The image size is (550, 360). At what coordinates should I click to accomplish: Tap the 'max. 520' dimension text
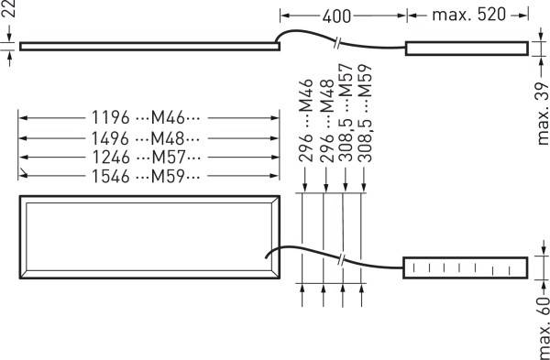click(467, 16)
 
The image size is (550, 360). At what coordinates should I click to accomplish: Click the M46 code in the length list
click(169, 118)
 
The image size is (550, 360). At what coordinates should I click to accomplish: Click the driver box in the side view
click(467, 48)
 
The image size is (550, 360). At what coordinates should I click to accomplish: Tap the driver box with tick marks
click(466, 267)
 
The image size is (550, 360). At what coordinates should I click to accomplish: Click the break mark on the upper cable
click(339, 43)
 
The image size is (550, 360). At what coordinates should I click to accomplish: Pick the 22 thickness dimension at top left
click(6, 15)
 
